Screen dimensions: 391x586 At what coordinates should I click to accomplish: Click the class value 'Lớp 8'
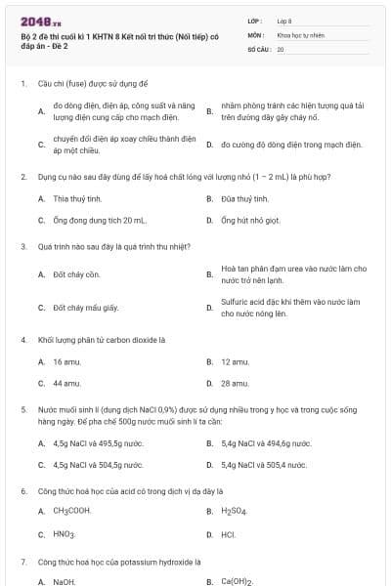285,20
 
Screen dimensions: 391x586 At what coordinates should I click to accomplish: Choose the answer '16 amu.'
66,361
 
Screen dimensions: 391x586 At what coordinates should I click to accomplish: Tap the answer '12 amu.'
235,361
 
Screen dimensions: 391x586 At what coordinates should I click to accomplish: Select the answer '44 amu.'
66,384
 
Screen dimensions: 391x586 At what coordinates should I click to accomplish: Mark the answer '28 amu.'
235,384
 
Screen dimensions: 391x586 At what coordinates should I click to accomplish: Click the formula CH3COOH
72,511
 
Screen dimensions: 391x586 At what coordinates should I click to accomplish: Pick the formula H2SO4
234,511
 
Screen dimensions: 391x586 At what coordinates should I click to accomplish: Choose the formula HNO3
65,534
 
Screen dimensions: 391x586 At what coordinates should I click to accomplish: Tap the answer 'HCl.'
229,534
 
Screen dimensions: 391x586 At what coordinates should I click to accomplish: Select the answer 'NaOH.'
65,581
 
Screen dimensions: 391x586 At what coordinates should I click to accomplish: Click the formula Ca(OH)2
238,581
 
